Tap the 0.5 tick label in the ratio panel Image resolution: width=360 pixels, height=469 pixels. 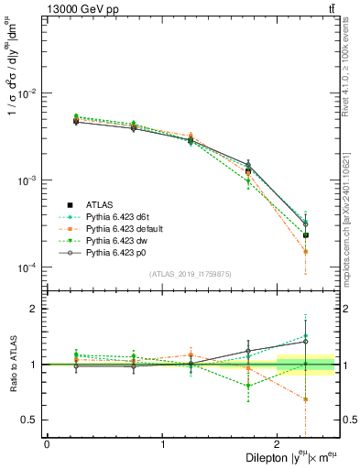click(x=32, y=420)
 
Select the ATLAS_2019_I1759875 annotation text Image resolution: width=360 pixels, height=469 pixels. click(x=191, y=274)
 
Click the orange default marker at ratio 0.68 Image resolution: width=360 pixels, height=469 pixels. click(x=306, y=399)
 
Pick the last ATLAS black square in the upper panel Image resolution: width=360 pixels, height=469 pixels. click(x=306, y=235)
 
